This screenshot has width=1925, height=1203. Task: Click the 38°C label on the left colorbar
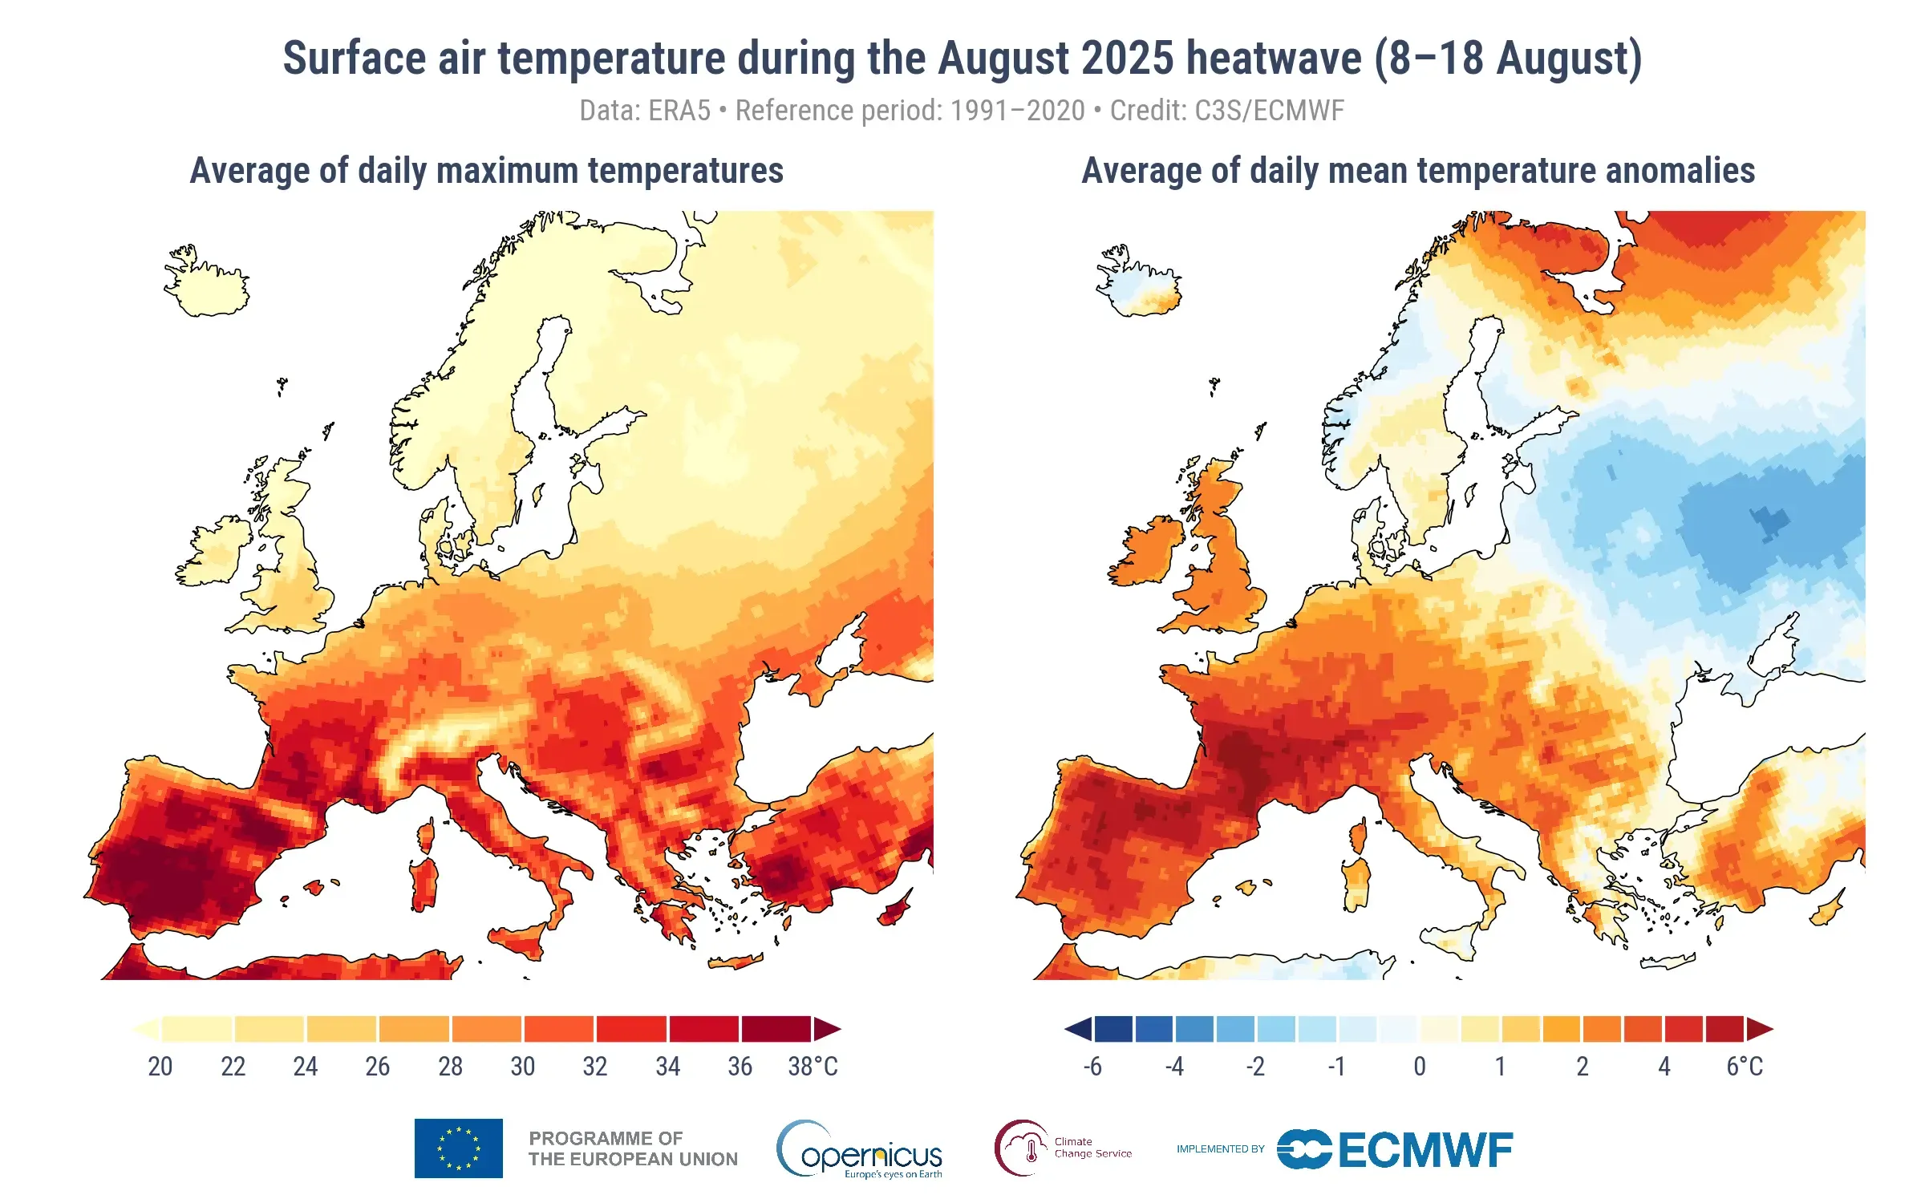813,1067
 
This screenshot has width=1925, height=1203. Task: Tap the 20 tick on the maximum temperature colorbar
160,1067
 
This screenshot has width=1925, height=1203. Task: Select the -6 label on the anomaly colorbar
1092,1067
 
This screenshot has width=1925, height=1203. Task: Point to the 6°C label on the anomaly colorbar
1745,1067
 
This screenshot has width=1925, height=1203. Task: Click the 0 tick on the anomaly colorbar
1420,1067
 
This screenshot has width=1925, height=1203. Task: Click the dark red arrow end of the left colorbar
827,1029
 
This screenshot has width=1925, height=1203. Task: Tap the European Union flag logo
458,1148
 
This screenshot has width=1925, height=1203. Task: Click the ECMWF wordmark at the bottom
1425,1150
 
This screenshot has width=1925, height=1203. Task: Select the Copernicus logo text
870,1155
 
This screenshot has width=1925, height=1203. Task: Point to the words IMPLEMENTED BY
1220,1149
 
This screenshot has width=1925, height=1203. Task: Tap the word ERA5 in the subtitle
679,111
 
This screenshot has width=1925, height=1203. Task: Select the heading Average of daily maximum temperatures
486,171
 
